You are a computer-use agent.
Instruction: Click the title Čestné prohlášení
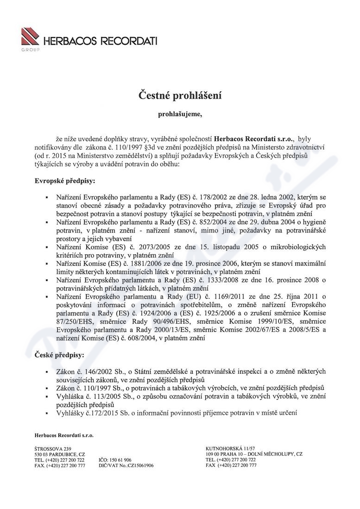180,96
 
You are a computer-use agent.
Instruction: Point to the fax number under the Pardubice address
60,465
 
